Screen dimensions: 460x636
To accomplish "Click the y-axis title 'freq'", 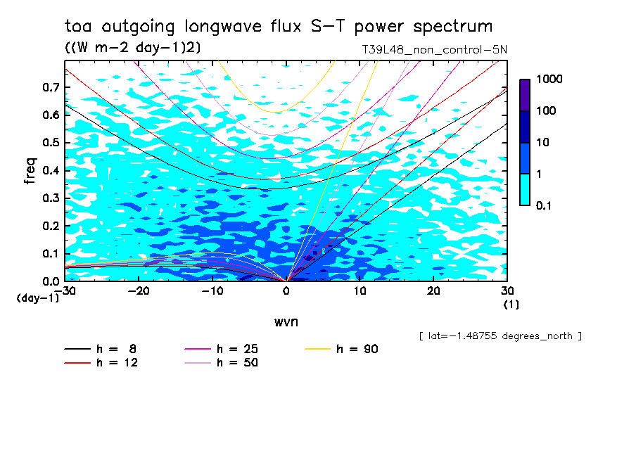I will pyautogui.click(x=30, y=170).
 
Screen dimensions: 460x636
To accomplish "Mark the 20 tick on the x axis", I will pyautogui.click(x=433, y=291).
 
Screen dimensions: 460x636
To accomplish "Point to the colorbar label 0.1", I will pyautogui.click(x=544, y=205).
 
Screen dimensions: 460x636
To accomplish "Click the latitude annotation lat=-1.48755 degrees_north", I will pyautogui.click(x=500, y=336).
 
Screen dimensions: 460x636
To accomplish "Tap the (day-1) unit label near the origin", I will pyautogui.click(x=38, y=298).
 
